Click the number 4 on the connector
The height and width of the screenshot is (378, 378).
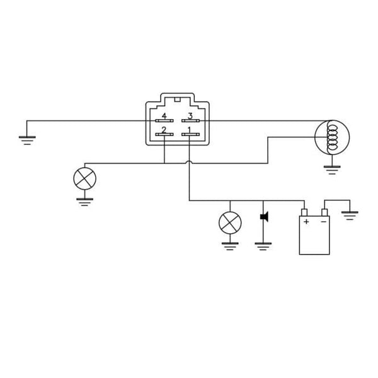tap(164, 116)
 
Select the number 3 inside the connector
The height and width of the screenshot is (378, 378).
tap(190, 116)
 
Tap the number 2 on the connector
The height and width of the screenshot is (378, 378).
tap(164, 130)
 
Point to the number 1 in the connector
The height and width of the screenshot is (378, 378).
tap(190, 130)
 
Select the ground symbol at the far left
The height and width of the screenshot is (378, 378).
tap(27, 140)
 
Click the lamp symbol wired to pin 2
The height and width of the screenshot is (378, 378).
tap(84, 178)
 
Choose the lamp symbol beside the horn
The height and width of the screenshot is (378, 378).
tap(229, 222)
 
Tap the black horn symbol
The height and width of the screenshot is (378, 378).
tap(264, 217)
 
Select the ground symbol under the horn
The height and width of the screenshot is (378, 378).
tap(263, 246)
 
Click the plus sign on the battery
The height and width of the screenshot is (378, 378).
tap(306, 222)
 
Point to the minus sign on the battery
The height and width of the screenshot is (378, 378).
tap(323, 222)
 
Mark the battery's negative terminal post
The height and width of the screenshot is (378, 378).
tap(324, 212)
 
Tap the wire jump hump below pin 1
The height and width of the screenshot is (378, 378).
tap(190, 164)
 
